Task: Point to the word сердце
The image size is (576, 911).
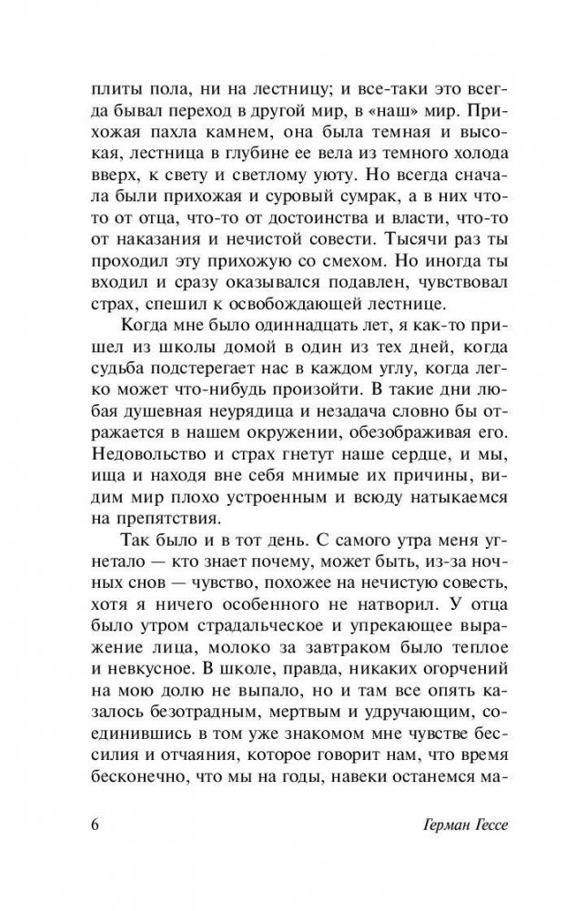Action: click(x=429, y=449)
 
